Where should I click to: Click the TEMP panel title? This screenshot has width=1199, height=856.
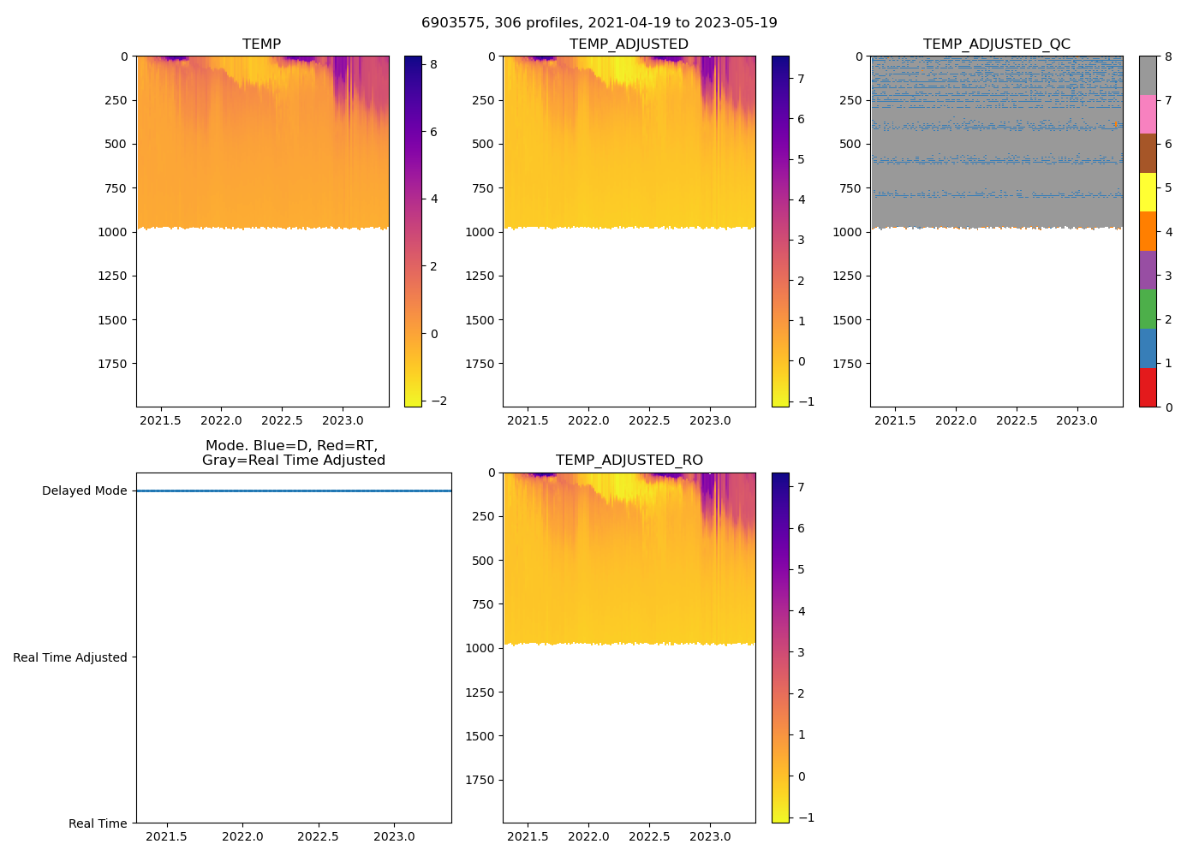click(261, 45)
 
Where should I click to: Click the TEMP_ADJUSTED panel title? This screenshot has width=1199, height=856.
click(629, 45)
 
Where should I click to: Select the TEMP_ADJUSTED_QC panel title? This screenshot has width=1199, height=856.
click(996, 45)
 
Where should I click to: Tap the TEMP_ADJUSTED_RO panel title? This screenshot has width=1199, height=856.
click(629, 461)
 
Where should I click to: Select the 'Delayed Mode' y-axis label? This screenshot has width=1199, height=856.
click(84, 491)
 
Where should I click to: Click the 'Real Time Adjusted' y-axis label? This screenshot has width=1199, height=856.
click(69, 657)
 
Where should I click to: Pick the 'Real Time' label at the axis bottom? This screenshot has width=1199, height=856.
click(98, 823)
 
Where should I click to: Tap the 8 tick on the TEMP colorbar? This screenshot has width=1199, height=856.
click(434, 64)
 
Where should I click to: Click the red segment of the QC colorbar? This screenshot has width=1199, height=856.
click(1148, 387)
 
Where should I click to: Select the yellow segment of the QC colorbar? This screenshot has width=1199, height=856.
click(1148, 192)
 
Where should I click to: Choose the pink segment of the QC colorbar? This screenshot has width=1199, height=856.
click(1148, 114)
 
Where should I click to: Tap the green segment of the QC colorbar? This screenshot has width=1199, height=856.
click(1148, 309)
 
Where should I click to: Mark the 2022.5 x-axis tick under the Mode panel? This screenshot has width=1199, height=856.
click(319, 836)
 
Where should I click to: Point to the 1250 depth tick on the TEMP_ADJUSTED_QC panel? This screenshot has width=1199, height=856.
click(847, 276)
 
